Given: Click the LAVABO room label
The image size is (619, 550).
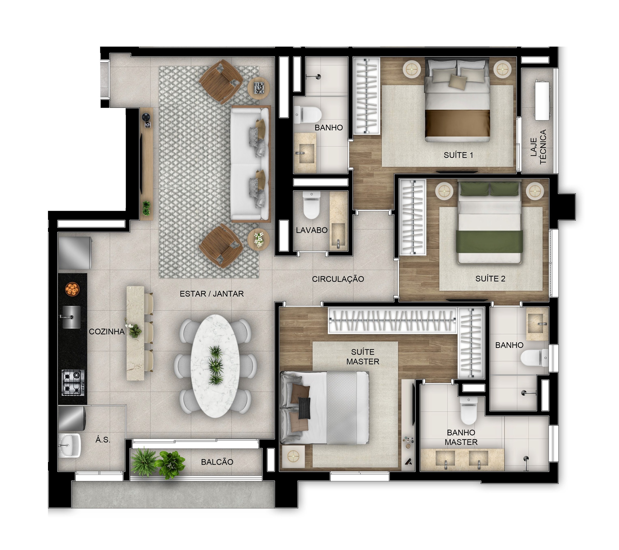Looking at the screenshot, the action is [x=312, y=230].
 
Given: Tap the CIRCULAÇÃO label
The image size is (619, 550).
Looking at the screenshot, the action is [x=338, y=279].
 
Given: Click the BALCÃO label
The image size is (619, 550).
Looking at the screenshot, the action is [x=217, y=462].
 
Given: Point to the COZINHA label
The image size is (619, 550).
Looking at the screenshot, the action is [x=107, y=332].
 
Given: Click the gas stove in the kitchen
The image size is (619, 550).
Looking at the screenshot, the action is [x=73, y=382].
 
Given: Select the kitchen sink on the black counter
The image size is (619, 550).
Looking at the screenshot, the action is [x=71, y=317].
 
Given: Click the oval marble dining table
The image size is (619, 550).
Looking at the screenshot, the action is [x=215, y=366].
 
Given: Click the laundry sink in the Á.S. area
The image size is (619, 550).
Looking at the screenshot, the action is [x=69, y=445].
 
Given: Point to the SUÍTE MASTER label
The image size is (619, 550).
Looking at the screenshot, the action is [x=362, y=357].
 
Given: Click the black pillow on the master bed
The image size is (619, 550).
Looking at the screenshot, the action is [x=304, y=408].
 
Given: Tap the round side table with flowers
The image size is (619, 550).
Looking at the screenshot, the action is [x=258, y=239].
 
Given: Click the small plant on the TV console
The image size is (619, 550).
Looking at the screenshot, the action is [x=146, y=208].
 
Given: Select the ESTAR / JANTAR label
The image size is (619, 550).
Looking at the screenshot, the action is [x=212, y=294].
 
